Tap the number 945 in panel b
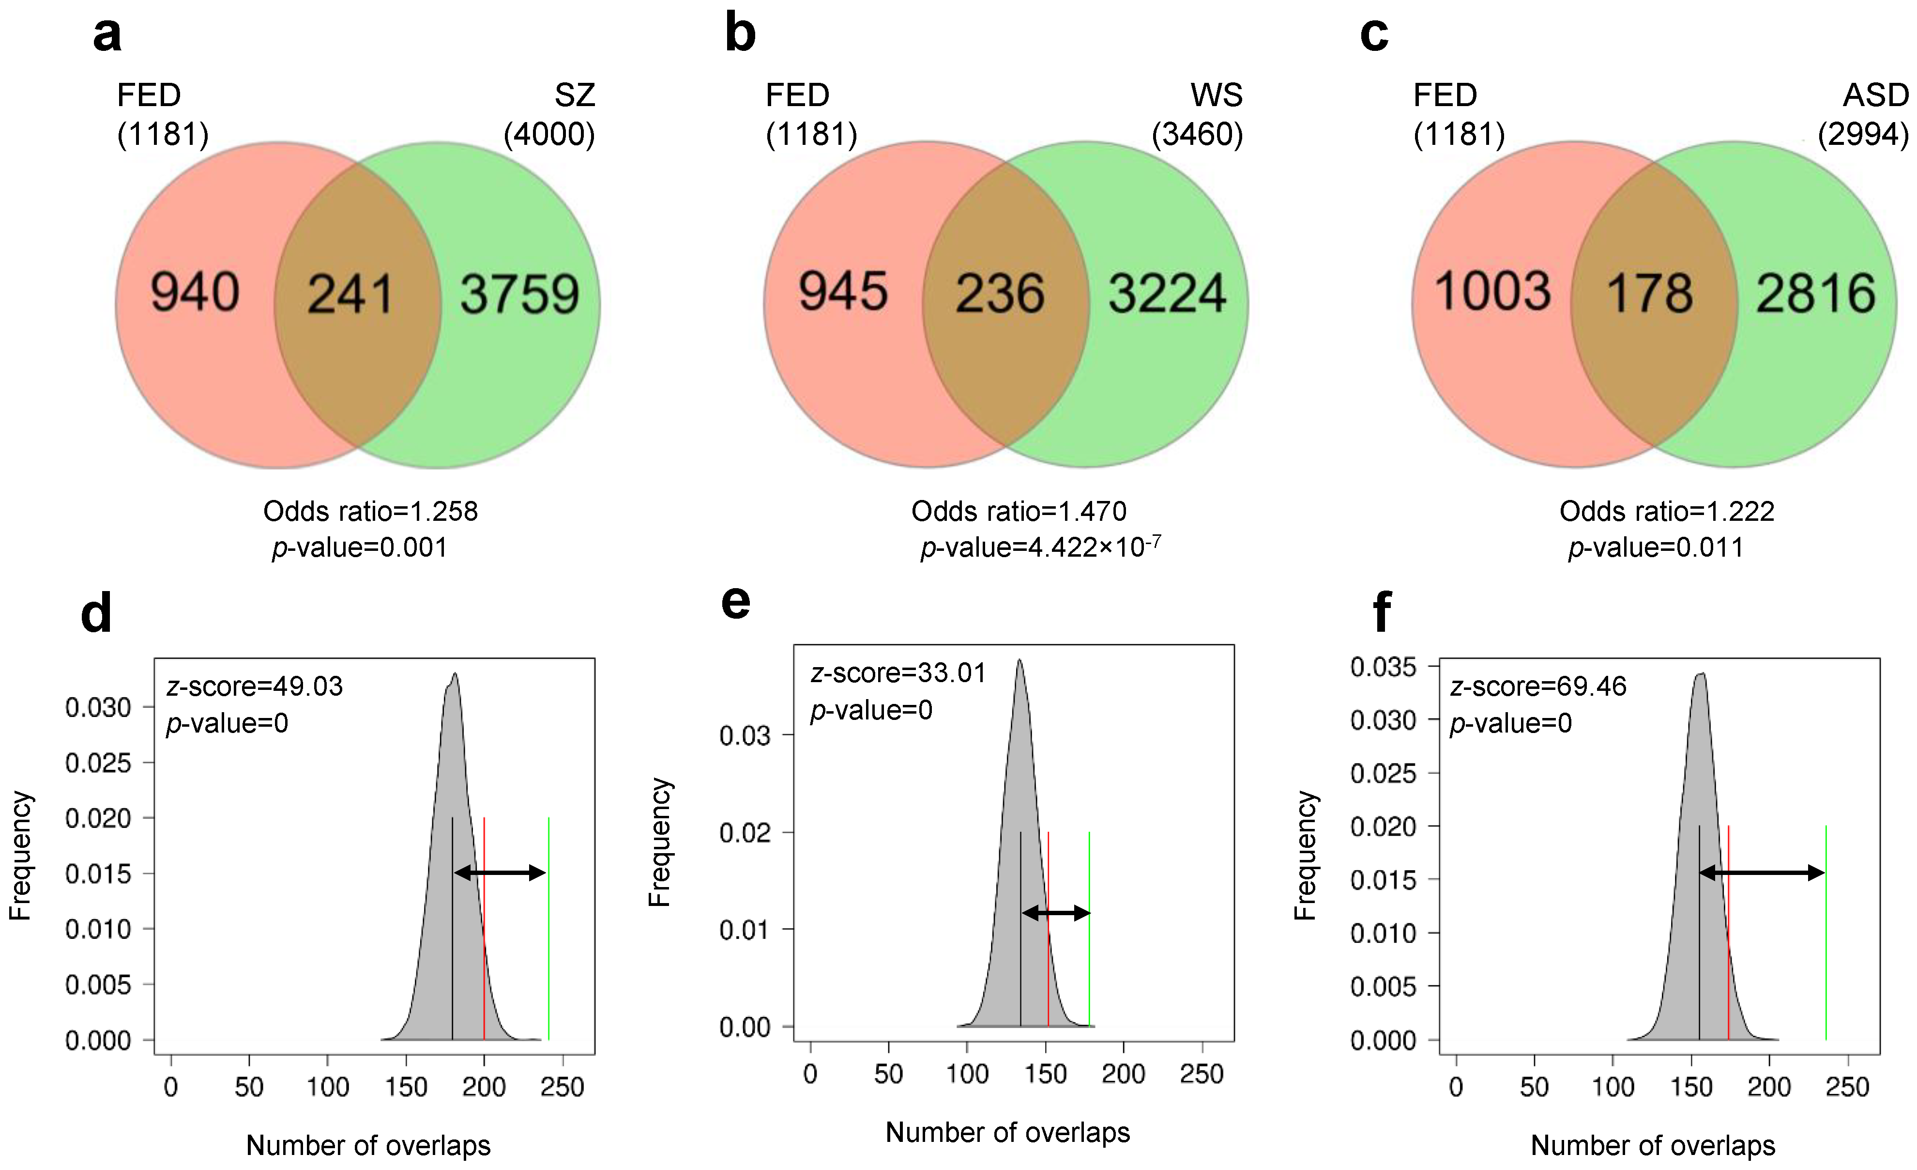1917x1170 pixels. coord(843,292)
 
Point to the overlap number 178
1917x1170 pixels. coord(1649,294)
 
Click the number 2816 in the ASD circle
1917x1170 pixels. coord(1815,294)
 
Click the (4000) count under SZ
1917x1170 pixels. coord(549,135)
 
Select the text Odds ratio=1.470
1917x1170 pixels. coord(1019,512)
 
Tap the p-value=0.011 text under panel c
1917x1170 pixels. coord(1656,548)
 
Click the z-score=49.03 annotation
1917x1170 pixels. coord(255,686)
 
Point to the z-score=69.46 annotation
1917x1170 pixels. coord(1538,686)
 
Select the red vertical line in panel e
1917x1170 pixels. coord(1048,965)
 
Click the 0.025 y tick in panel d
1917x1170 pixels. coord(98,763)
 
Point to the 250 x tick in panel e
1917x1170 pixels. coord(1201,1074)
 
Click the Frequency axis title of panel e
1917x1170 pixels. coord(659,842)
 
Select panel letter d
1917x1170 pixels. coord(96,613)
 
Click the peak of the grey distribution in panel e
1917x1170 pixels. coord(1019,662)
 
